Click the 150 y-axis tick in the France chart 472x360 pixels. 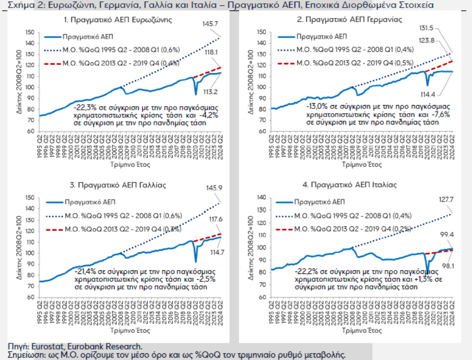(29, 197)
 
